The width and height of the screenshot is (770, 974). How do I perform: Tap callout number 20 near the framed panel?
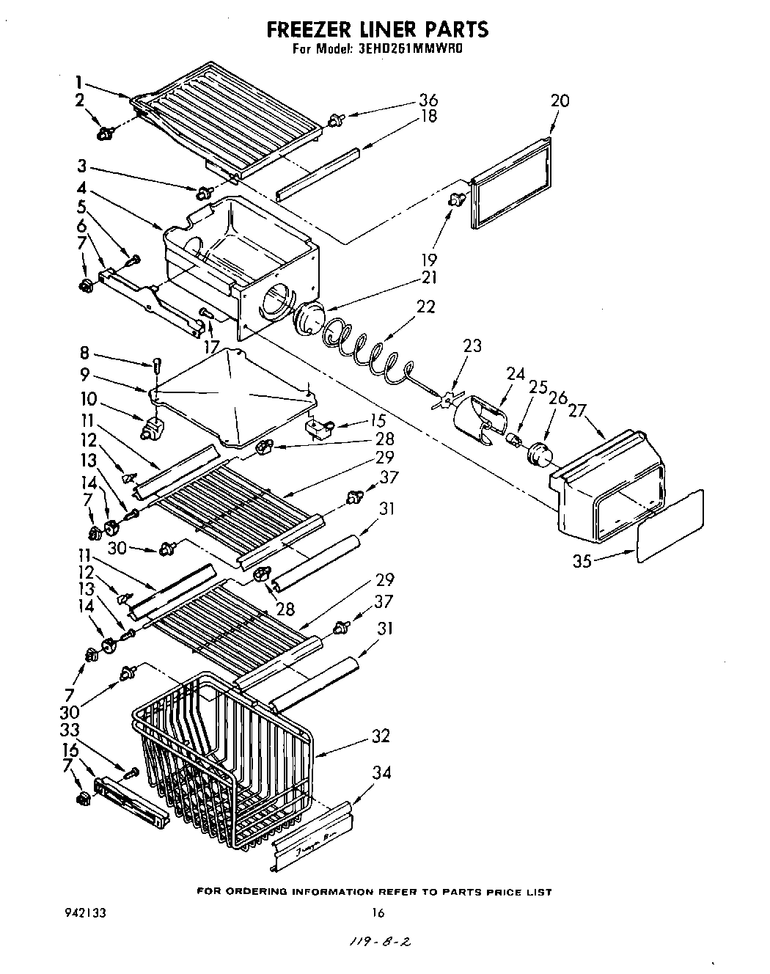560,100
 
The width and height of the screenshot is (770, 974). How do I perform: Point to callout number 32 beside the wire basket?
381,736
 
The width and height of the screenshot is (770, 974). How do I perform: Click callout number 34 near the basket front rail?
381,772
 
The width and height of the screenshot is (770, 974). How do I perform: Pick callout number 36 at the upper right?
428,100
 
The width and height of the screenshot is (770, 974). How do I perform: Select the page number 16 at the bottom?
378,913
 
